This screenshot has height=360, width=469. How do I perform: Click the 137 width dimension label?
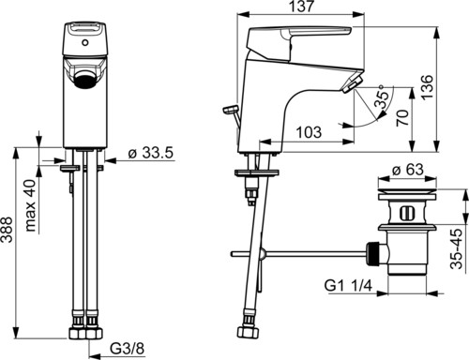point(300,7)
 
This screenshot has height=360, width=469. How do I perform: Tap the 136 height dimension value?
point(428,87)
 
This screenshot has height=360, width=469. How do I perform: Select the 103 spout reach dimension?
point(309,132)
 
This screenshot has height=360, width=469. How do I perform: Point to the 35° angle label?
point(383,97)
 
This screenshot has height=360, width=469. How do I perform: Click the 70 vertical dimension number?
point(402,117)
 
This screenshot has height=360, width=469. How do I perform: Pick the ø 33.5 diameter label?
point(151,153)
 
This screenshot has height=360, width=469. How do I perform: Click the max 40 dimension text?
point(30,205)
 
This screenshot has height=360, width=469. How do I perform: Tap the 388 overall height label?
point(7,230)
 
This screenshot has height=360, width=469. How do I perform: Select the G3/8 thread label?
point(128,349)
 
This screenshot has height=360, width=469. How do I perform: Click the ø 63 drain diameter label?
point(408,170)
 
